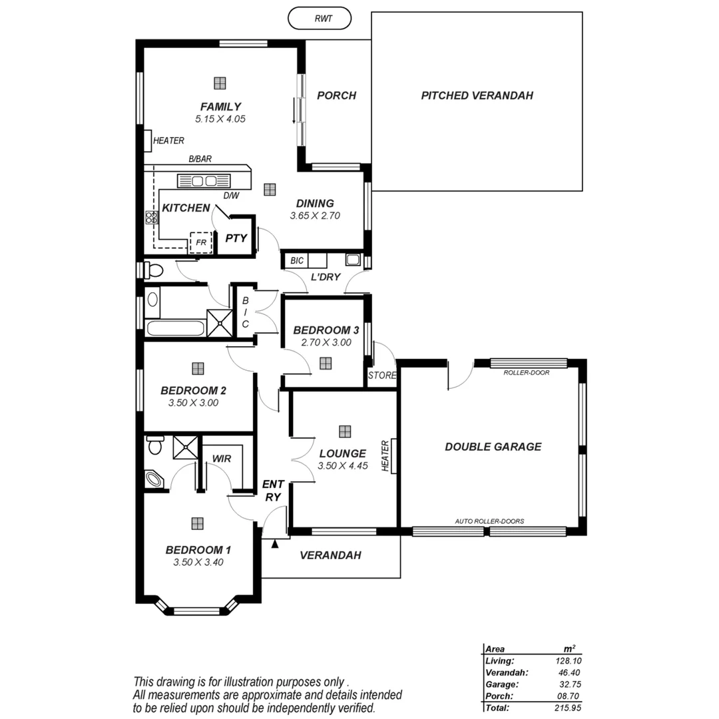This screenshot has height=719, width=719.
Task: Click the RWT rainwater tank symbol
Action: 320,19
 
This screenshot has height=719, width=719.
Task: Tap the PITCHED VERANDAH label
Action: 477,95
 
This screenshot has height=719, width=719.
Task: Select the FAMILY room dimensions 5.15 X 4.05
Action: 220,119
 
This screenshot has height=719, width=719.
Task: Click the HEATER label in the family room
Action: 168,140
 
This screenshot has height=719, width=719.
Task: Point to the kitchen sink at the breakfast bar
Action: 204,180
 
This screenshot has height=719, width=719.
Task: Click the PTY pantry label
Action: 236,238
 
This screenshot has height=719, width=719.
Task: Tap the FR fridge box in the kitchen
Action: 200,242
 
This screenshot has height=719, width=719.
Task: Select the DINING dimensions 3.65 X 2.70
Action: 315,216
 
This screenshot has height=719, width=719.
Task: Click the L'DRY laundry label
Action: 326,276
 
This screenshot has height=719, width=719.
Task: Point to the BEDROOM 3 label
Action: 326,330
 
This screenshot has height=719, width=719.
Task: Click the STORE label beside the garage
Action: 382,375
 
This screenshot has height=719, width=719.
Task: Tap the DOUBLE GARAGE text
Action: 493,447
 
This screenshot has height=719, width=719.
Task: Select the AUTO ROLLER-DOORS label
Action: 489,521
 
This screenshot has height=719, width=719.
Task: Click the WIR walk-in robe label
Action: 221,459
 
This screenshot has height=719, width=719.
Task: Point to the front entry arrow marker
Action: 274,544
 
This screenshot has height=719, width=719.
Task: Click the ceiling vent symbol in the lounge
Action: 344,431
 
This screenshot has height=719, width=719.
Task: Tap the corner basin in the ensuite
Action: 154,479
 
